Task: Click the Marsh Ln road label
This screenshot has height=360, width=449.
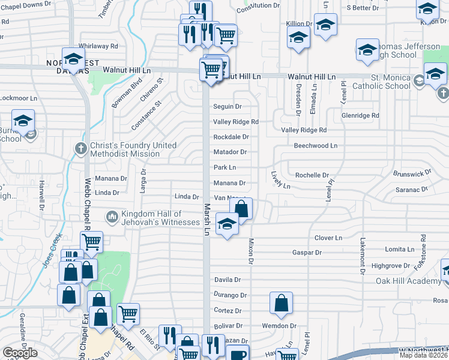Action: [x=206, y=218]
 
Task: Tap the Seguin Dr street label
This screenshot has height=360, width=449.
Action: [x=228, y=107]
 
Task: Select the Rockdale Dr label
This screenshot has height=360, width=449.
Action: [x=231, y=137]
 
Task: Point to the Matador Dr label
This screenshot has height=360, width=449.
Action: [x=231, y=152]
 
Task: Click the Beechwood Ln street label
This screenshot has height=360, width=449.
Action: [x=315, y=146]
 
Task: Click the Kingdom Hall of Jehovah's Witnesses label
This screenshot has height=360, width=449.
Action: [x=152, y=218]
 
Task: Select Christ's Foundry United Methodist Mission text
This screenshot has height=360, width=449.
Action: [x=133, y=149]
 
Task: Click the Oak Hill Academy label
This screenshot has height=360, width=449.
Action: [x=408, y=281]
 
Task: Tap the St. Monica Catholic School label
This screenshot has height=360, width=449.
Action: [x=391, y=82]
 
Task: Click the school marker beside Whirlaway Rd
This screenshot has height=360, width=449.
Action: [x=73, y=60]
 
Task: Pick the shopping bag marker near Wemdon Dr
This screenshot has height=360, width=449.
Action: [x=281, y=304]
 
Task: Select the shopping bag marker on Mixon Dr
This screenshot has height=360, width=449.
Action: [x=241, y=209]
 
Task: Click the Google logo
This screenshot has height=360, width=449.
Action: [x=20, y=353]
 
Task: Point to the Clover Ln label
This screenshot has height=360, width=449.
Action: [x=328, y=238]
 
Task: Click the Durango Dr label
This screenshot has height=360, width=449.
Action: [x=231, y=295]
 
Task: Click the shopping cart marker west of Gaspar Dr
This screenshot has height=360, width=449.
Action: [x=91, y=242]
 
